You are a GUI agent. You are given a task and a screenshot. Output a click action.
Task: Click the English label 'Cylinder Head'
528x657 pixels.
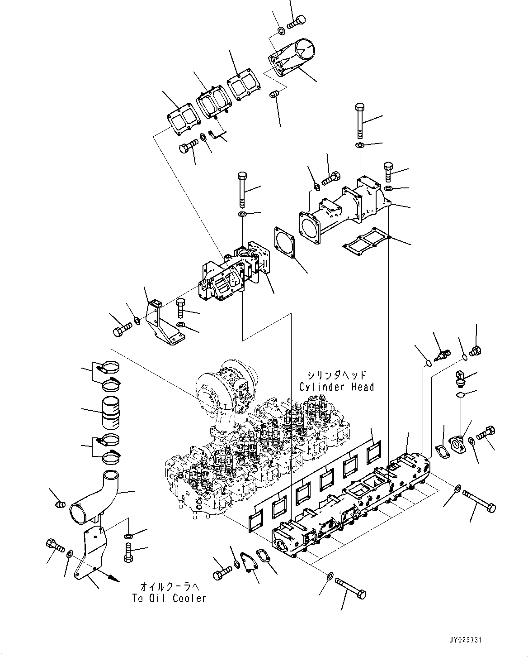(x=336, y=387)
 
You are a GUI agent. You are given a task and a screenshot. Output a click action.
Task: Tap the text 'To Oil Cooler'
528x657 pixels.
(x=169, y=598)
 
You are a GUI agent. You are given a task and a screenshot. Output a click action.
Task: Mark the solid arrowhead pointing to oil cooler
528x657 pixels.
(x=114, y=579)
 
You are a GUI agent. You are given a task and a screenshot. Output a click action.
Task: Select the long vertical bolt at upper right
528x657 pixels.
(x=360, y=120)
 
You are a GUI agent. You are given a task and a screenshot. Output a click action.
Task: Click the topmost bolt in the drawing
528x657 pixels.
(x=297, y=21)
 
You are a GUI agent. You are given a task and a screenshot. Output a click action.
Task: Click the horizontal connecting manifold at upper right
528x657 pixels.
(x=344, y=208)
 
